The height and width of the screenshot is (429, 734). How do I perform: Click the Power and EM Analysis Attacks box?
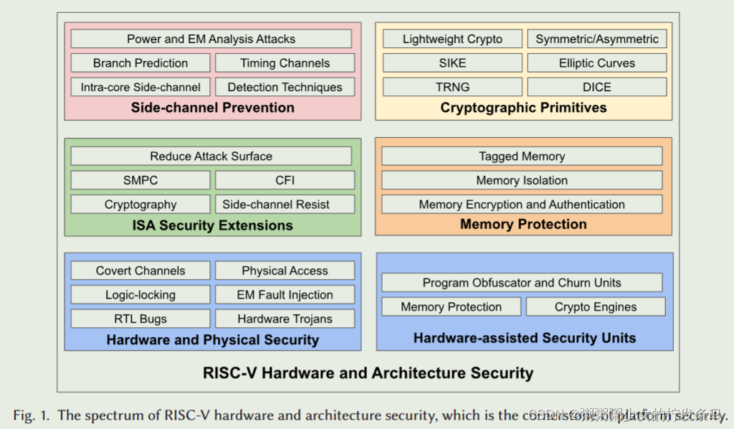coord(211,39)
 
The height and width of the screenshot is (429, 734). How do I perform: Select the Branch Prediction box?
coord(140,63)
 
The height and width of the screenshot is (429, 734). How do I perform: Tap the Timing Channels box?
coord(285,63)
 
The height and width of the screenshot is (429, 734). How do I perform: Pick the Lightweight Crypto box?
coord(452,39)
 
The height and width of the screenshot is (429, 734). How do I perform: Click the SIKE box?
coord(452,63)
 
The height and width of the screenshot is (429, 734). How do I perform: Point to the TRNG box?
coord(452,87)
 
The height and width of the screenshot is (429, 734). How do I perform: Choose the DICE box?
coord(597,87)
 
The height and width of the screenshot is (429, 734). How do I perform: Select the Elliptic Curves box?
coord(597,63)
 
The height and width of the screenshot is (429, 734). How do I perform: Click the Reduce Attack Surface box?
coord(211,156)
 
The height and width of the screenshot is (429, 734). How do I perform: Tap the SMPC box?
coord(140,180)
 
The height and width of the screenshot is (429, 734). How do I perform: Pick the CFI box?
coord(285,180)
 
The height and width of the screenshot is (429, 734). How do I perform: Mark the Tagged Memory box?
coord(522,156)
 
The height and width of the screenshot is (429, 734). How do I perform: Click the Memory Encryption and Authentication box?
coord(522,204)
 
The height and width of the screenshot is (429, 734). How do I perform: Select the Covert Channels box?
coord(140,270)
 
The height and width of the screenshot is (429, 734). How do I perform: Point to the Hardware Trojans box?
coord(285,319)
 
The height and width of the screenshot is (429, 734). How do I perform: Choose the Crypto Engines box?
coord(596,306)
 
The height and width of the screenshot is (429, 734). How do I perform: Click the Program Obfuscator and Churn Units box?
coord(522,283)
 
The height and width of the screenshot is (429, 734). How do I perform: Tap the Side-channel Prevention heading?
coord(212,108)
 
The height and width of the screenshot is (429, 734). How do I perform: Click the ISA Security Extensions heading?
coord(212,225)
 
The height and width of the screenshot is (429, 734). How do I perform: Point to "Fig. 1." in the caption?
coord(31,415)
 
